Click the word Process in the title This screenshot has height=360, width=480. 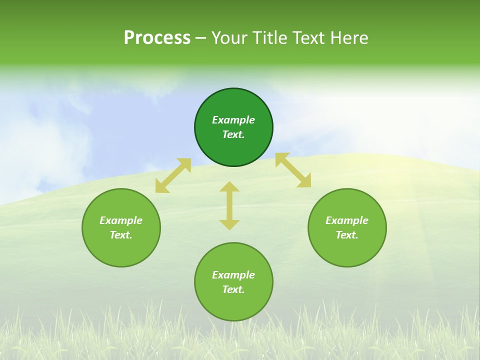(x=157, y=38)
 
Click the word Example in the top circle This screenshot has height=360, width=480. (x=233, y=120)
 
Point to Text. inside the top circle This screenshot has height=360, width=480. (x=233, y=134)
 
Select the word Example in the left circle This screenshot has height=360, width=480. (x=121, y=220)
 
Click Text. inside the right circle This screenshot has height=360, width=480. (x=347, y=235)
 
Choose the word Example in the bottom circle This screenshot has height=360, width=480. (x=233, y=275)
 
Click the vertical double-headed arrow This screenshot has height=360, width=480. (x=229, y=205)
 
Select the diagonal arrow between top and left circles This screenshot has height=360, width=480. (x=173, y=175)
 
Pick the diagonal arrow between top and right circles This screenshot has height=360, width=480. (x=293, y=170)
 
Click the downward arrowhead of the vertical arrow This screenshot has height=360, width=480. (x=229, y=224)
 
